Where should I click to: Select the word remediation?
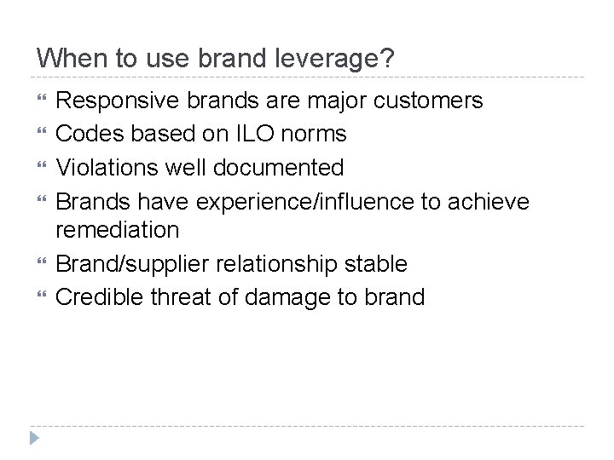point(117,230)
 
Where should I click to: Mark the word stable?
point(377,263)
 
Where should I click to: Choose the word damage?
point(293,297)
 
